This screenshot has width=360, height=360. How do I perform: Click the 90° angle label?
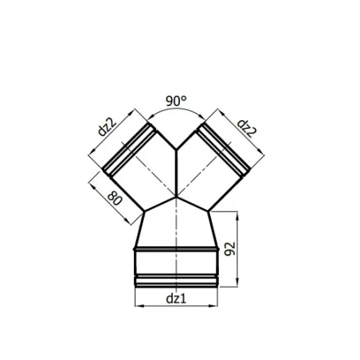[x=176, y=101]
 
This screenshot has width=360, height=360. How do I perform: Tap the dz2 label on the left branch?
[x=108, y=127]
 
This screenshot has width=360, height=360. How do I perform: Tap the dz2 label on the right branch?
[x=247, y=128]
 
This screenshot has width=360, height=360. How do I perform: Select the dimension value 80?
[x=115, y=198]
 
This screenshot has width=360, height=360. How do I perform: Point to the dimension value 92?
[x=230, y=248]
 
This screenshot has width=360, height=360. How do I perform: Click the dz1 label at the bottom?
[x=176, y=299]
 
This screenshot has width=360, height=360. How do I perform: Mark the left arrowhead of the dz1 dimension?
[x=139, y=306]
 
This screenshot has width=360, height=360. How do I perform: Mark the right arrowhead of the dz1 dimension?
[x=213, y=306]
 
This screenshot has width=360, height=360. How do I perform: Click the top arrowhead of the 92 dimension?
[x=237, y=216]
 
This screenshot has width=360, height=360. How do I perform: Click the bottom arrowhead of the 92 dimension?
[x=237, y=283]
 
